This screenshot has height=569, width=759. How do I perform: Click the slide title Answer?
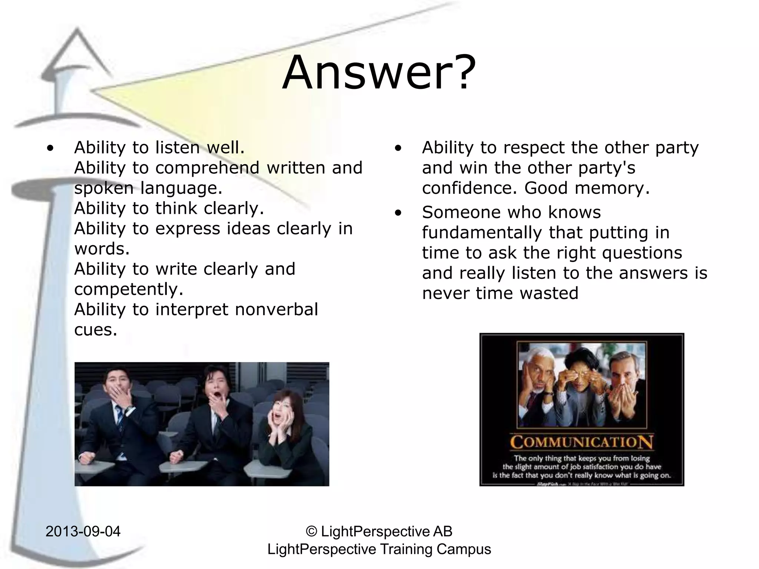pyautogui.click(x=379, y=73)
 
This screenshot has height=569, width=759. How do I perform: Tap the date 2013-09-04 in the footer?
pyautogui.click(x=83, y=531)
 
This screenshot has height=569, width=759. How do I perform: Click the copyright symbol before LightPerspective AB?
pyautogui.click(x=312, y=531)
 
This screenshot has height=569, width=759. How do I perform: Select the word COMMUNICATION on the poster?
pyautogui.click(x=581, y=442)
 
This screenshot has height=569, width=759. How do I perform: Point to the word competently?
pyautogui.click(x=128, y=289)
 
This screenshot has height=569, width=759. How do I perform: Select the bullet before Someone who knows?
pyautogui.click(x=398, y=213)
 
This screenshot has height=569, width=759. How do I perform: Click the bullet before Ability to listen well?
pyautogui.click(x=50, y=148)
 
